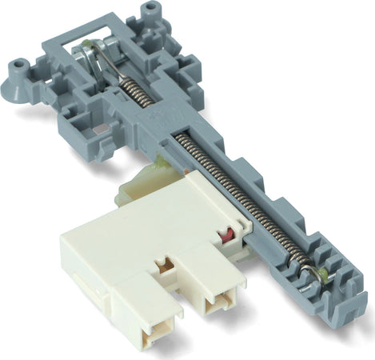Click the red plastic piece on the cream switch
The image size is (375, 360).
(x=226, y=235)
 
